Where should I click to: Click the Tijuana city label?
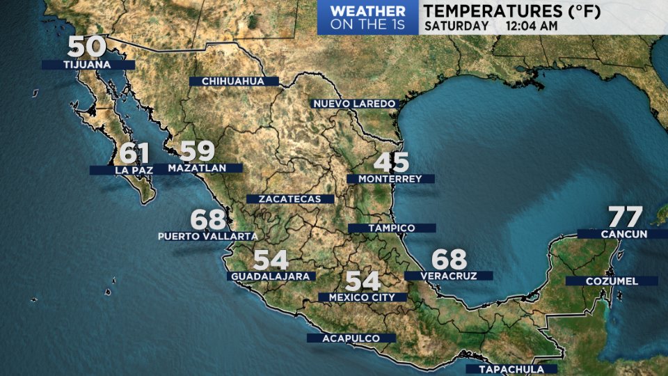point(87,65)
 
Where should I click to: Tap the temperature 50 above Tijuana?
point(87,47)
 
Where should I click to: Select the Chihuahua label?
point(233,81)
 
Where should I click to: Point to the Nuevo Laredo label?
point(354,104)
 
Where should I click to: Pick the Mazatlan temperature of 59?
point(198,151)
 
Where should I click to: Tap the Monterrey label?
point(390,179)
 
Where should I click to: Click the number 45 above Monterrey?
point(392,162)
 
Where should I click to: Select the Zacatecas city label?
point(290,199)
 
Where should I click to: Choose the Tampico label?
point(391,228)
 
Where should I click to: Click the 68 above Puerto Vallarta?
point(209,220)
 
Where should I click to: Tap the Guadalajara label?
point(271,276)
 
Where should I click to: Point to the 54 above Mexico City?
point(363,281)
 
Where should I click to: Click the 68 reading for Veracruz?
point(449,260)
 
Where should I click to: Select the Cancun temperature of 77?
point(626,217)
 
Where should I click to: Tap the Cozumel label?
point(611,281)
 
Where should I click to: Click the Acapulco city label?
point(351,338)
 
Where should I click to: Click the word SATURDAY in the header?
point(456,26)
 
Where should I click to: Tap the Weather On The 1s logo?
point(367,17)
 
